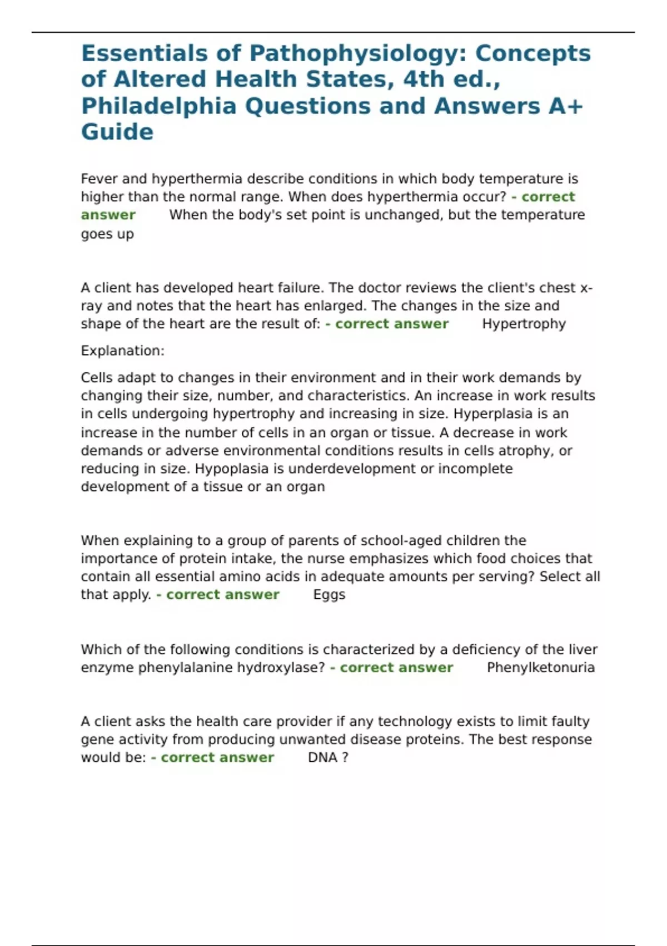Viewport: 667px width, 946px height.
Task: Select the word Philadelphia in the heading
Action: coord(158,106)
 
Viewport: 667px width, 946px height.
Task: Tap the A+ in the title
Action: coord(565,106)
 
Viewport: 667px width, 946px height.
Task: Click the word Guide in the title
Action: coord(117,132)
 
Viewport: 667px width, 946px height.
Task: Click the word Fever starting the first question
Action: coord(99,179)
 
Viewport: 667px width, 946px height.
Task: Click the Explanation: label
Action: coord(122,351)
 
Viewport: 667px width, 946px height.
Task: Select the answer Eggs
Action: coord(329,594)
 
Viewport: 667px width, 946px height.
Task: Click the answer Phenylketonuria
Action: coord(540,667)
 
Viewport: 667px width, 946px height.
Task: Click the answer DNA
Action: coord(322,757)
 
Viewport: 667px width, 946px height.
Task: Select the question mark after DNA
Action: coord(345,757)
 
